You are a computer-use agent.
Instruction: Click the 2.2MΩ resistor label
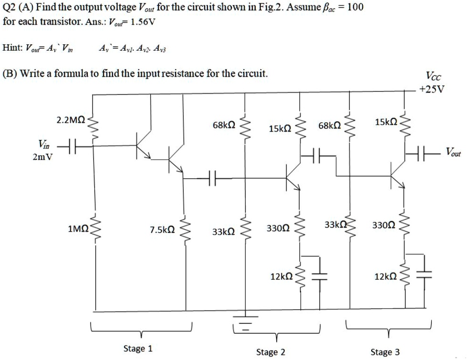pyautogui.click(x=71, y=119)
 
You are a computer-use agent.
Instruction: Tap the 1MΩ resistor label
pyautogui.click(x=78, y=229)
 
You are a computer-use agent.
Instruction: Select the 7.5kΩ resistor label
pyautogui.click(x=162, y=230)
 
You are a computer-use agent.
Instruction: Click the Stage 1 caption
pyautogui.click(x=138, y=348)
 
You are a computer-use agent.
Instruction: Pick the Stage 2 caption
pyautogui.click(x=270, y=352)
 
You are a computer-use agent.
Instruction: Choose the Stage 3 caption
pyautogui.click(x=385, y=352)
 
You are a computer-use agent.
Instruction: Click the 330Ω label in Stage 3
pyautogui.click(x=384, y=224)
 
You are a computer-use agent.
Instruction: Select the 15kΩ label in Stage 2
pyautogui.click(x=280, y=129)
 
